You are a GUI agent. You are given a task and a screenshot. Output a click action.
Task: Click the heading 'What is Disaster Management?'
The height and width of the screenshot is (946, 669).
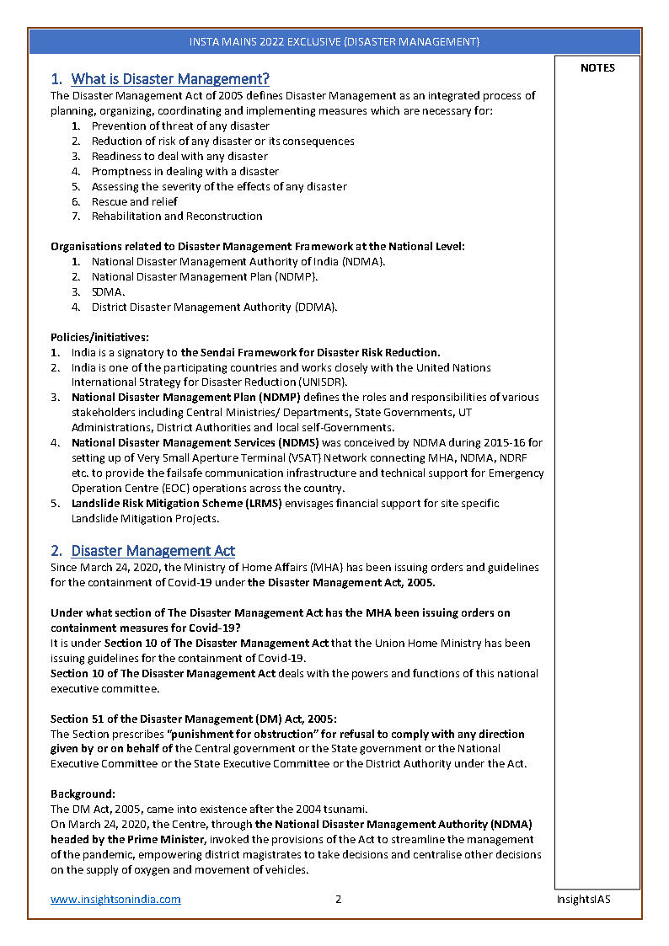(169, 79)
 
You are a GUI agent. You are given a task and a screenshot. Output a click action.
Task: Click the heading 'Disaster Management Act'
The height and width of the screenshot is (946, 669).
(153, 551)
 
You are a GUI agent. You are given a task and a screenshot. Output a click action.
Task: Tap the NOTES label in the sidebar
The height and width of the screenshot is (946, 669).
(597, 68)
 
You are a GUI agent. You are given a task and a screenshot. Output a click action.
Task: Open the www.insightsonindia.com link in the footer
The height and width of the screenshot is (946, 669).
(115, 899)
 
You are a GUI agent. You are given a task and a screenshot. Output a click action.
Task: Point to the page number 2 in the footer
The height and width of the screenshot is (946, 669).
(338, 899)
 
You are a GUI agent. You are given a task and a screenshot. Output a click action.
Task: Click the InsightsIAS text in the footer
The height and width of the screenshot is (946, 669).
(583, 899)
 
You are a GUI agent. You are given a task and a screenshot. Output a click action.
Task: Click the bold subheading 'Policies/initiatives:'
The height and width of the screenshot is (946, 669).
(99, 337)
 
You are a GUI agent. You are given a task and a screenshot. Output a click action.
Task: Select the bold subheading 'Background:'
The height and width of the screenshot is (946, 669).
(83, 794)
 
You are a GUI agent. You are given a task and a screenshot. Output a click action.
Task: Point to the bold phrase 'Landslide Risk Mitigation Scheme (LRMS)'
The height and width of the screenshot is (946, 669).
(176, 503)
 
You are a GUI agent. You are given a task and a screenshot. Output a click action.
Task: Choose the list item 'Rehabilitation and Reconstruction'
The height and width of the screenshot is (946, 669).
(177, 216)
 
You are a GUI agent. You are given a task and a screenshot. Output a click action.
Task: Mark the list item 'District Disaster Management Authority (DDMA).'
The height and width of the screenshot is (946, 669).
(214, 307)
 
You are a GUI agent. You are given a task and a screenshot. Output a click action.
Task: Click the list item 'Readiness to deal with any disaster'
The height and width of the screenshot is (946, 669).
(179, 156)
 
